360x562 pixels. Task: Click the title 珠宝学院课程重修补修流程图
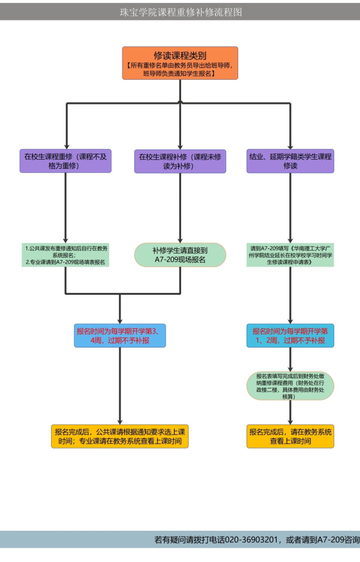click(x=180, y=12)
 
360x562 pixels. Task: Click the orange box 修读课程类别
click(x=180, y=63)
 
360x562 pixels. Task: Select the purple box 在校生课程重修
click(x=66, y=161)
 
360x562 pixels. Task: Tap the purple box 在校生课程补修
click(x=180, y=161)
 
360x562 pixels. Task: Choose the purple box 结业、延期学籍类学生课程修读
click(x=290, y=161)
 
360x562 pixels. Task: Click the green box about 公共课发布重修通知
click(x=66, y=255)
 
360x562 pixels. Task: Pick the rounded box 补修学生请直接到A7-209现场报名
click(x=180, y=255)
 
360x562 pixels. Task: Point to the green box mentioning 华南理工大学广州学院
click(x=290, y=255)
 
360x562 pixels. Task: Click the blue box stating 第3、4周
click(x=120, y=335)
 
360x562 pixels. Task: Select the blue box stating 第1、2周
click(x=290, y=335)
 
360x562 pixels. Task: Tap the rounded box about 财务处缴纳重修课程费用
click(x=290, y=385)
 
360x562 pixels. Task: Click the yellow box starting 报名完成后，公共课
click(x=120, y=437)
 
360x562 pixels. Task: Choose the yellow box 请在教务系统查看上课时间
click(x=290, y=437)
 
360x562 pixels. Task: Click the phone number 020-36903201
click(x=252, y=539)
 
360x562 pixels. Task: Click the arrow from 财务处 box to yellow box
click(x=290, y=412)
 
